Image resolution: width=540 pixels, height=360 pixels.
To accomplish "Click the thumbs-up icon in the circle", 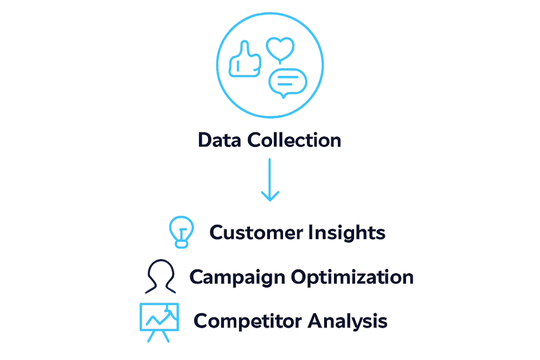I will (245, 60).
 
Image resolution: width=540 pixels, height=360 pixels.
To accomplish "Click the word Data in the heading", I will (219, 140).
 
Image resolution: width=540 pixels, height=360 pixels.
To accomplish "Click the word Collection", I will (294, 140).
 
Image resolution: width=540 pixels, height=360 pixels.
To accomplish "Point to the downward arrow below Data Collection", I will (270, 179).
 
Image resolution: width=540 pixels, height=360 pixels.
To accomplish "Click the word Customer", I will (256, 232).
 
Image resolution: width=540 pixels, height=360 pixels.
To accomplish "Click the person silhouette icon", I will (160, 276).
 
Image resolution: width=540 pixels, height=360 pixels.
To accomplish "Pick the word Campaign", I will (237, 277).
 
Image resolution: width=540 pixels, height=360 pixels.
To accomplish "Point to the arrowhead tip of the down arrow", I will (270, 200).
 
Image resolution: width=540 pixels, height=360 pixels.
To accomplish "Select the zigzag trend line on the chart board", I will (160, 316).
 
